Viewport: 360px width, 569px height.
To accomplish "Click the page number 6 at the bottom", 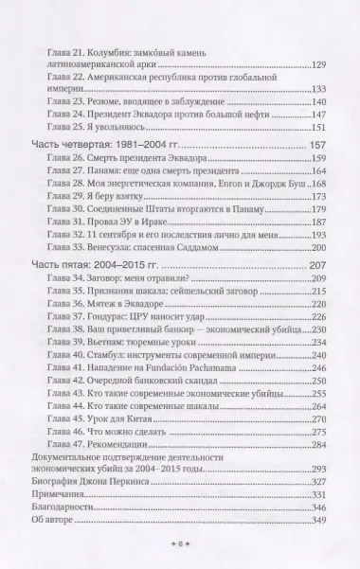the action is click(x=180, y=546).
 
